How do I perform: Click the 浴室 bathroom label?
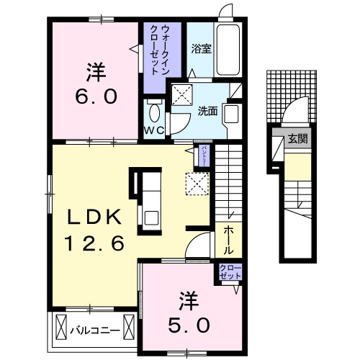tap(201, 50)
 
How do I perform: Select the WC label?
tap(155, 130)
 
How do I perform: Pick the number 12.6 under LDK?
tap(96, 244)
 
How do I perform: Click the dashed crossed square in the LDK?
tap(197, 184)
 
